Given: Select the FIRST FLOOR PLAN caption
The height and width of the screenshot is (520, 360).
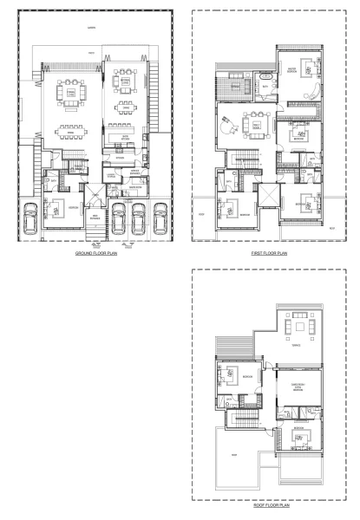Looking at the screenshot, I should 269,253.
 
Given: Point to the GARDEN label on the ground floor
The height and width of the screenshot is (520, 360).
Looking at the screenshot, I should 92,27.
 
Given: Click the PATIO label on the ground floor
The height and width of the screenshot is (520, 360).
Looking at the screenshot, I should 92,54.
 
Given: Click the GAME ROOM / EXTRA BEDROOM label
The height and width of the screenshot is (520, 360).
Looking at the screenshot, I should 298,389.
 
